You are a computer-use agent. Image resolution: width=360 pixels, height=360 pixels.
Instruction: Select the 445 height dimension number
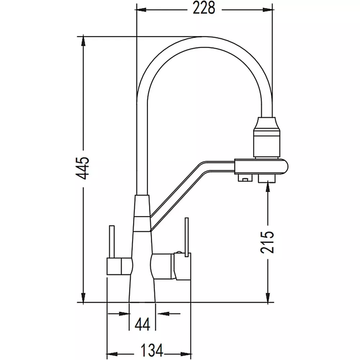(82, 168)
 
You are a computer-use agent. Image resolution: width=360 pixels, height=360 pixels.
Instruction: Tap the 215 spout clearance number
(267, 242)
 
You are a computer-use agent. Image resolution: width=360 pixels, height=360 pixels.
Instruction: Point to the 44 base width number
(143, 324)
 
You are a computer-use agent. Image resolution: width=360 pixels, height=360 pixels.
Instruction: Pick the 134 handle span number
(151, 350)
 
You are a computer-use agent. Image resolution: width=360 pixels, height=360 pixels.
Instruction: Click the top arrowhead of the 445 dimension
(83, 41)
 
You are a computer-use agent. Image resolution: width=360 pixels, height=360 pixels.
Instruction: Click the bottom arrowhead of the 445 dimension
(83, 297)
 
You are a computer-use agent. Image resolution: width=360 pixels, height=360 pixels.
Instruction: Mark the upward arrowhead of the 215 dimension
(267, 186)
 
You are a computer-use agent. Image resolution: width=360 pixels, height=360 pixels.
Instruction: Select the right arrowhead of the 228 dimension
(267, 10)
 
